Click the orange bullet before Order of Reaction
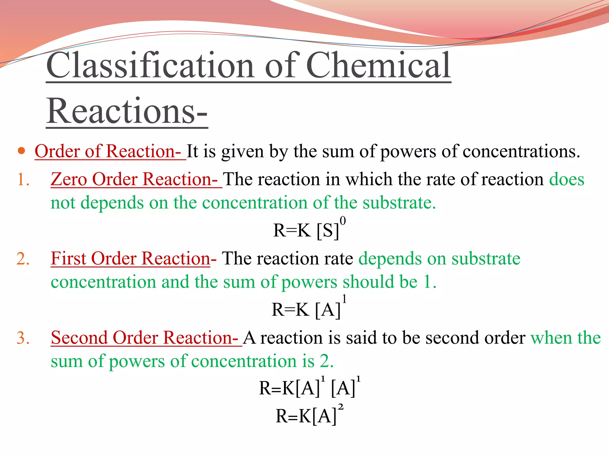pyautogui.click(x=21, y=151)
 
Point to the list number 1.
pyautogui.click(x=23, y=180)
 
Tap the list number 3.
pyautogui.click(x=23, y=338)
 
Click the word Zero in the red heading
pyautogui.click(x=69, y=179)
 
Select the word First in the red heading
pyautogui.click(x=69, y=258)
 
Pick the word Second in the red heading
pyautogui.click(x=79, y=338)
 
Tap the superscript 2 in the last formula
pyautogui.click(x=341, y=407)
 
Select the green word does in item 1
pyautogui.click(x=566, y=179)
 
